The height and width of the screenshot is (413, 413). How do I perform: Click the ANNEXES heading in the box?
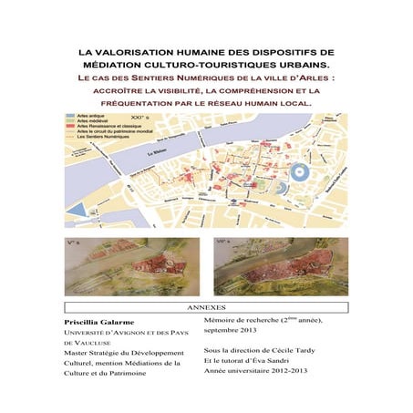[x=206, y=307]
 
